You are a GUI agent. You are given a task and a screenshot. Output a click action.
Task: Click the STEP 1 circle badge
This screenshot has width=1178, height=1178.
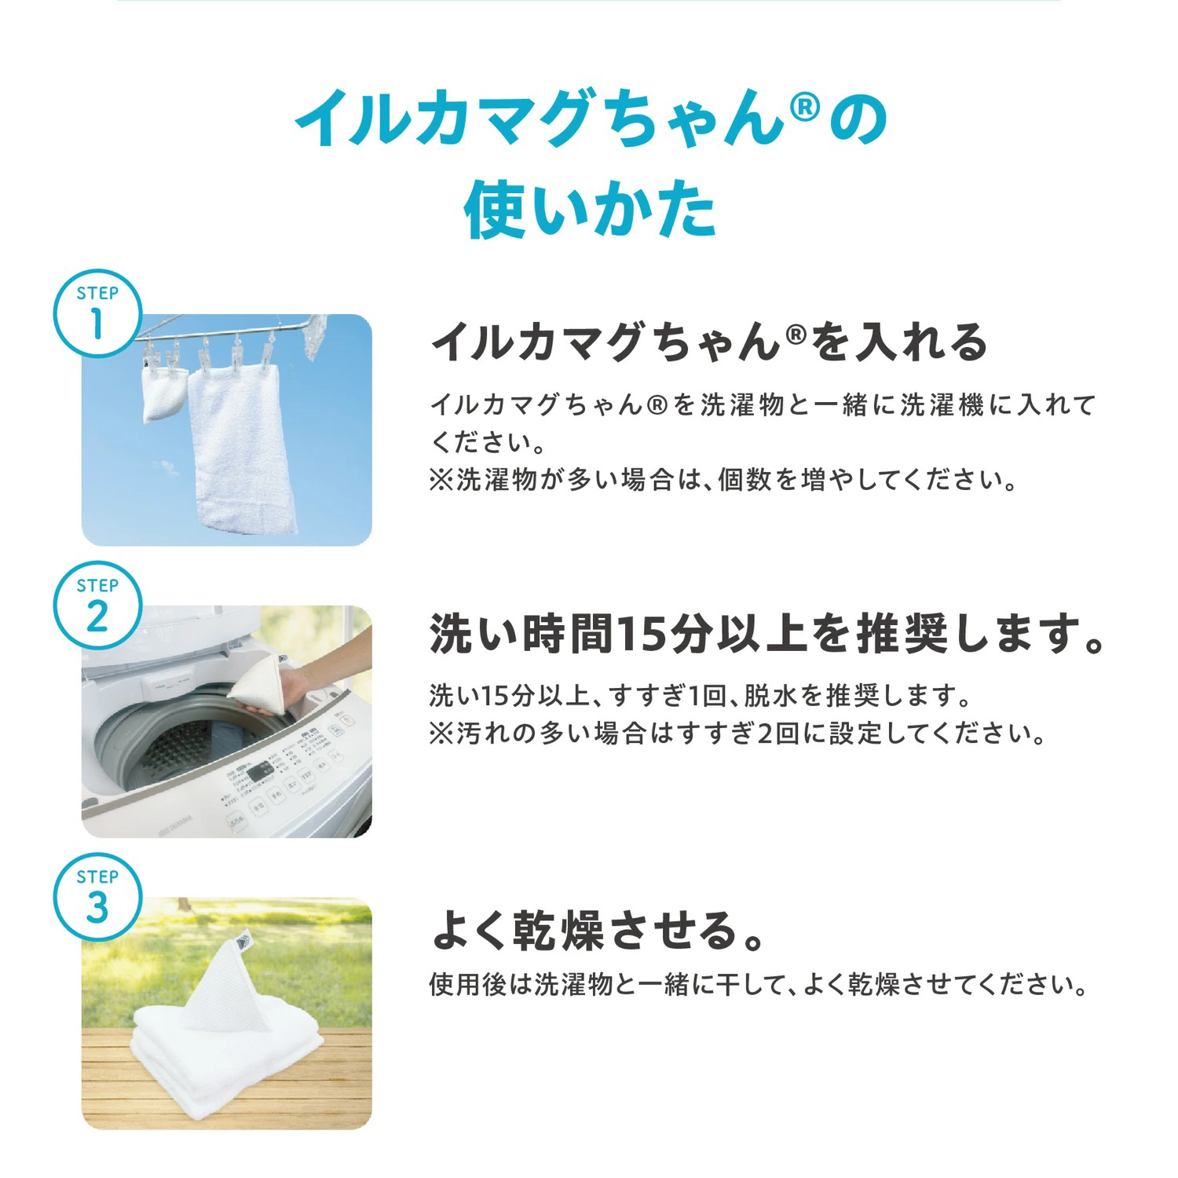97,313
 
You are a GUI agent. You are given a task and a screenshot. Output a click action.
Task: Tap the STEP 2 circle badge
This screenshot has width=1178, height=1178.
97,605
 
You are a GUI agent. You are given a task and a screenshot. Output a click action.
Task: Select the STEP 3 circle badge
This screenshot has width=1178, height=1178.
97,897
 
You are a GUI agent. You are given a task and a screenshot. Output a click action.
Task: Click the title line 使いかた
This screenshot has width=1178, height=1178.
590,209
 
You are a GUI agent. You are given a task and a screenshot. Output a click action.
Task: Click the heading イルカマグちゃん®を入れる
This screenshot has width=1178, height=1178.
709,342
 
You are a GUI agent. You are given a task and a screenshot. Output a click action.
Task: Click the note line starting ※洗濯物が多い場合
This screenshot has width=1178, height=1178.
723,480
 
